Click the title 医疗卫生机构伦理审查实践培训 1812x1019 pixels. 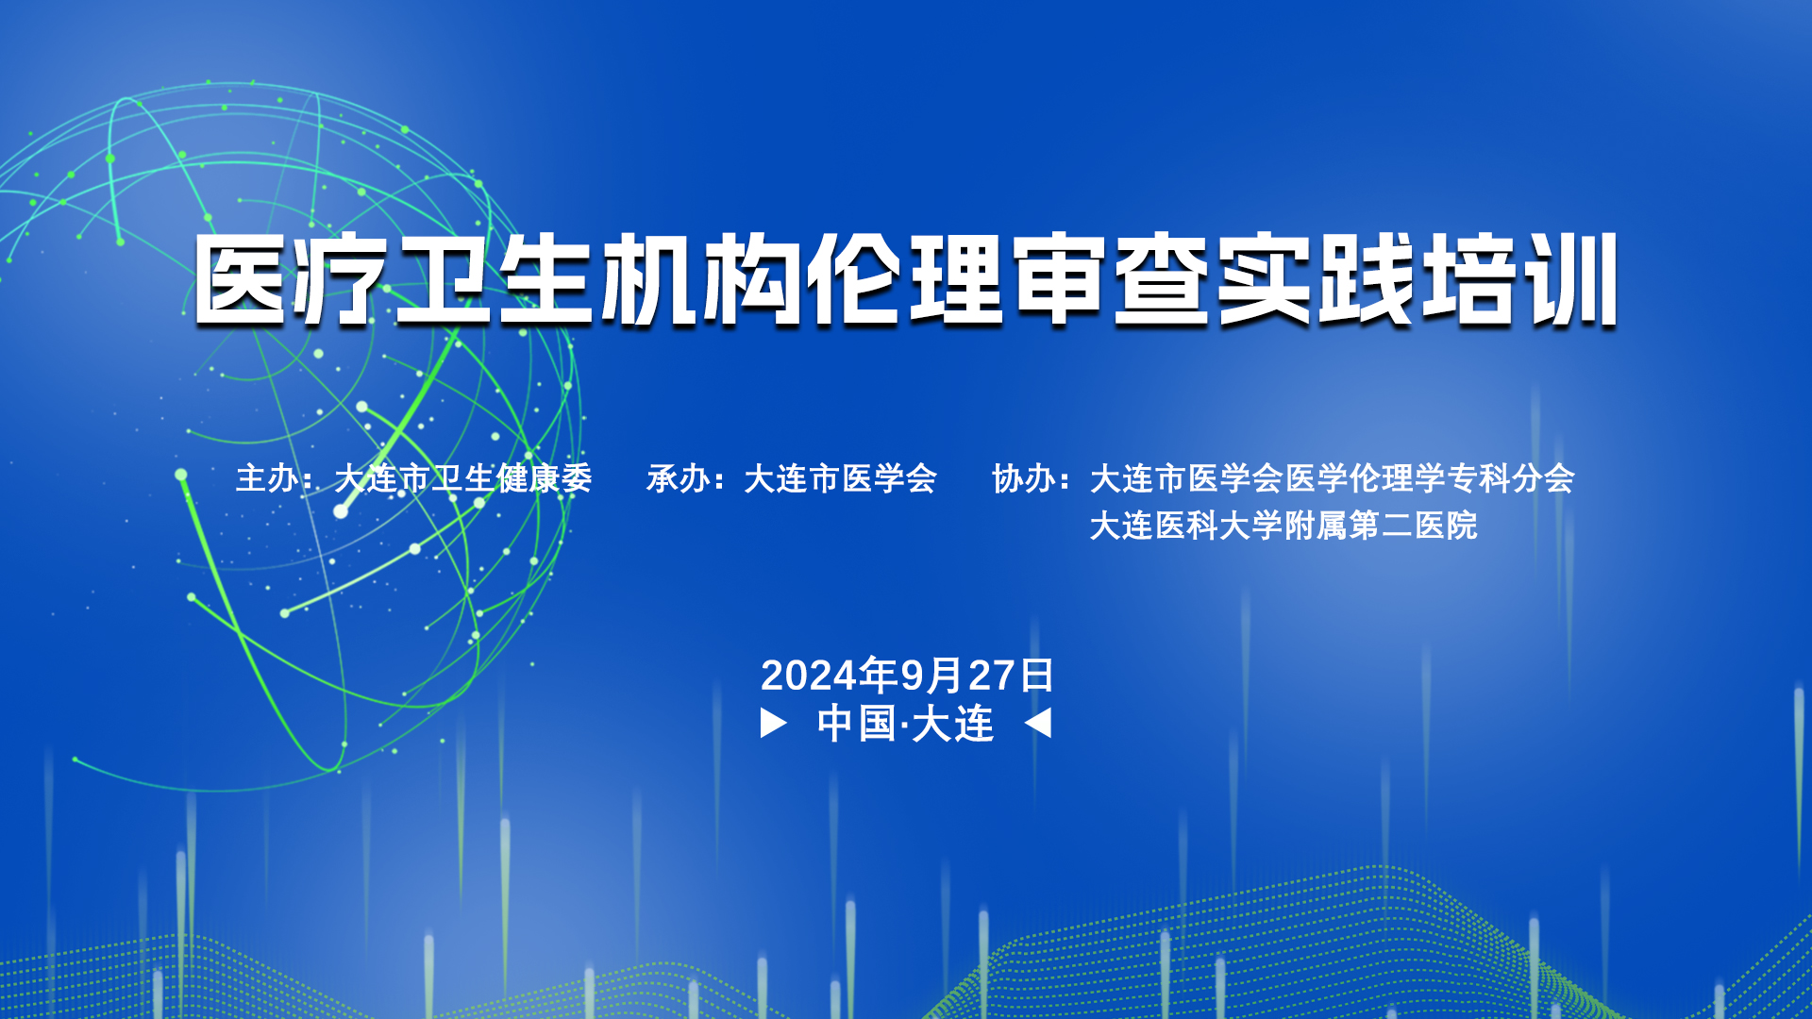(906, 280)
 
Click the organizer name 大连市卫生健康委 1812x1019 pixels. (463, 478)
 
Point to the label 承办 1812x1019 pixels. (678, 478)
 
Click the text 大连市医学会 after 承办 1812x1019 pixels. (840, 478)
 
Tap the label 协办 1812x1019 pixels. (1024, 478)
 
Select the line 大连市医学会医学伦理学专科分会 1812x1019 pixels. (1332, 478)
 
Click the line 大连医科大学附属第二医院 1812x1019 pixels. (1283, 526)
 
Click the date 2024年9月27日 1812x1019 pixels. (907, 676)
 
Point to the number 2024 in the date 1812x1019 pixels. (809, 676)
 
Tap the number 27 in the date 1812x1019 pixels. (991, 676)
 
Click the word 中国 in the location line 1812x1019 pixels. (856, 724)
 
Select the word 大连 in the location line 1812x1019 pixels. (953, 724)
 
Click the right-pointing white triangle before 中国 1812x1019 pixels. (773, 724)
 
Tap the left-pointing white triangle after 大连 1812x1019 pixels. (1038, 724)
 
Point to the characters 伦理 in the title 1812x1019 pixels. (906, 280)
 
